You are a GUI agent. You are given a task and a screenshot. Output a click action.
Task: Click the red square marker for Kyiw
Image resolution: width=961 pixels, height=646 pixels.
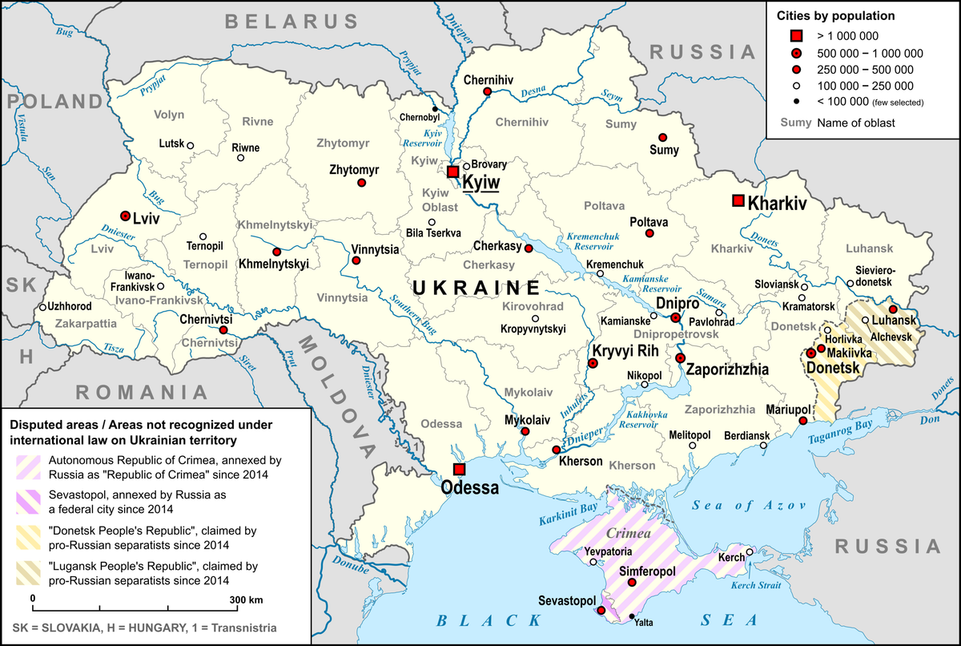tap(453, 172)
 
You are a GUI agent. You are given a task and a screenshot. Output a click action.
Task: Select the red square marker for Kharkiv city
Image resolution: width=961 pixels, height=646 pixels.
tap(738, 200)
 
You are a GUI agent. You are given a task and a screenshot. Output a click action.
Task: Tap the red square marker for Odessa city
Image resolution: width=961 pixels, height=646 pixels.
tap(459, 469)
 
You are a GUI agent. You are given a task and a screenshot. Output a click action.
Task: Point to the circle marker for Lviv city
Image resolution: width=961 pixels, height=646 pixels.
tap(126, 216)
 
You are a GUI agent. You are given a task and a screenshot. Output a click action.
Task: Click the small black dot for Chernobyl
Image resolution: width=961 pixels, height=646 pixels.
tap(435, 109)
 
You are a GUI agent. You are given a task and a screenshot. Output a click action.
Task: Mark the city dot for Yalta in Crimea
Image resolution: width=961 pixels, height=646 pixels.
tap(633, 616)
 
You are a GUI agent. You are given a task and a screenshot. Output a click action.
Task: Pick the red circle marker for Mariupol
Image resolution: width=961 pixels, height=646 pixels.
tap(803, 421)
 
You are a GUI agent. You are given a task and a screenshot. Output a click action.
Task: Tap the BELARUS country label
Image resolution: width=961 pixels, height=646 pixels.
tap(291, 22)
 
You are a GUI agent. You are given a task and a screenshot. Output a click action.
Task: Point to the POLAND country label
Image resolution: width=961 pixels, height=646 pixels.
tap(52, 101)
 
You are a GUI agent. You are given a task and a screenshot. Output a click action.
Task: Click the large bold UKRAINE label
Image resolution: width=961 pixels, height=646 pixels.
tap(476, 287)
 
